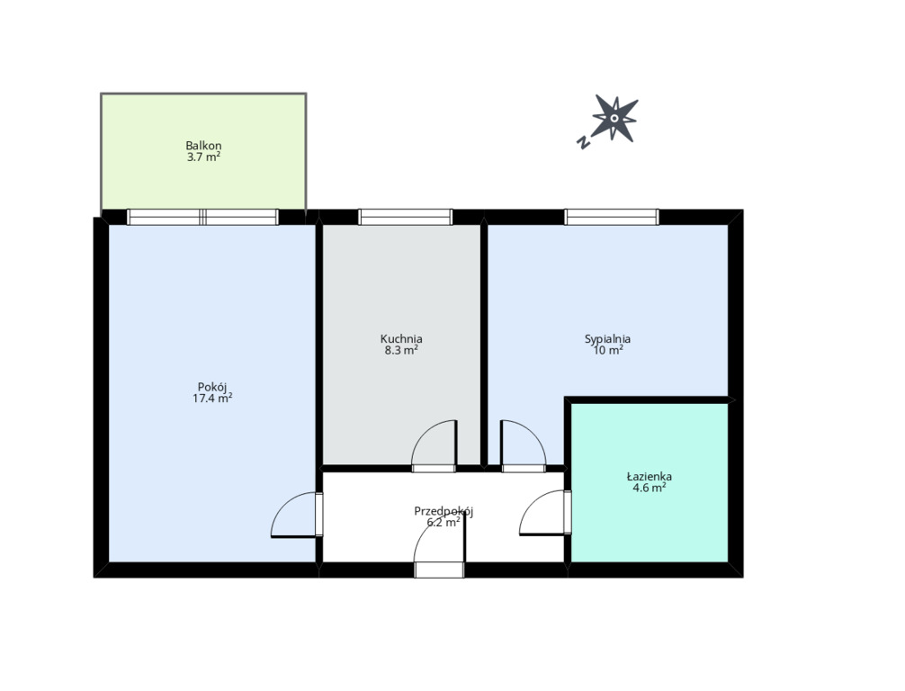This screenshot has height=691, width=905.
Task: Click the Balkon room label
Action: [203, 146]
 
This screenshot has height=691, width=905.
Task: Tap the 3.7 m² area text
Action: [203, 157]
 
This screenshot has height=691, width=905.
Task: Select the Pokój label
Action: [211, 387]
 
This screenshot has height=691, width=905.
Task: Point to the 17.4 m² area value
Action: [211, 398]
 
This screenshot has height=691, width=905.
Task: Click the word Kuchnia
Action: [401, 339]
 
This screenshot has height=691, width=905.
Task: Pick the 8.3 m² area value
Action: [401, 350]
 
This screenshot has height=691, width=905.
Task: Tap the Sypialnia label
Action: [607, 339]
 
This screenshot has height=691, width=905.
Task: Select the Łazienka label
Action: [649, 476]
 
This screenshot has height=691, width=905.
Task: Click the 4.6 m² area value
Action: [649, 488]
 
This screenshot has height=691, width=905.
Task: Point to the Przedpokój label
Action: [444, 511]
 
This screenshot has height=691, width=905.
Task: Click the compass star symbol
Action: [615, 119]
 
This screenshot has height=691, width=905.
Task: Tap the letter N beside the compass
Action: [584, 141]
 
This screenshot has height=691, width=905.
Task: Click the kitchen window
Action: [405, 217]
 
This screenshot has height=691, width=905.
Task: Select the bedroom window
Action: [612, 217]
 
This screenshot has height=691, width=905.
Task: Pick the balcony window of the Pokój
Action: [202, 217]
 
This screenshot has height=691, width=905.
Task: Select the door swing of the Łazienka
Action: [542, 513]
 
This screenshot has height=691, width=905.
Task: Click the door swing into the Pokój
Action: [294, 515]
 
